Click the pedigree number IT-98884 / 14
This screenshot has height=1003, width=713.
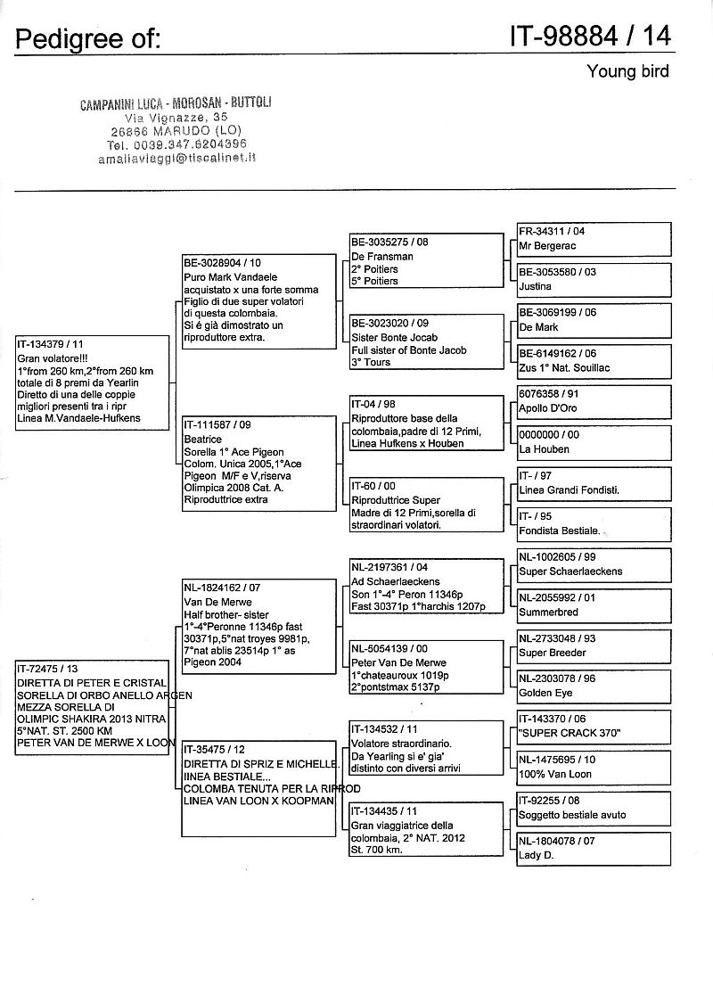[590, 37]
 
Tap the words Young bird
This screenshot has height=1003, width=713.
[627, 71]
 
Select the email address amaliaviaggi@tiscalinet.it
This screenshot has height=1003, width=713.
[177, 157]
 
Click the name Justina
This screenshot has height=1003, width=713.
[536, 286]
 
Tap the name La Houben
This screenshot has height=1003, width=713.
[544, 449]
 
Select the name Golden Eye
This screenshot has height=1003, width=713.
[545, 693]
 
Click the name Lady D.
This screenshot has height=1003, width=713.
[537, 855]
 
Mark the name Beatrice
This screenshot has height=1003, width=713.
[204, 440]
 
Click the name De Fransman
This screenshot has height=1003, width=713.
[381, 257]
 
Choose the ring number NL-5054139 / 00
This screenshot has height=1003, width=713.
[389, 650]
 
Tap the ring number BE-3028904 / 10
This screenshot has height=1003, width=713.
[223, 264]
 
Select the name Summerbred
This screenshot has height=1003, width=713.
[549, 612]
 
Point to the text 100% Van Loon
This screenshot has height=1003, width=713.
[555, 774]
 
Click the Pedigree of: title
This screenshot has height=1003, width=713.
[88, 38]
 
